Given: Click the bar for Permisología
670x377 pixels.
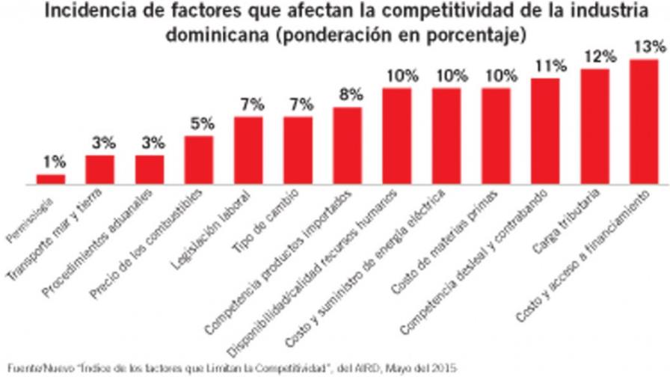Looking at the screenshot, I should tap(51, 179).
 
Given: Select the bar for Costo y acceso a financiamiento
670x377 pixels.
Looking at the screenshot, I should tap(644, 121).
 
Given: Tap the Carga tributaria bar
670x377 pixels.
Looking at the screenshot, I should tap(594, 126).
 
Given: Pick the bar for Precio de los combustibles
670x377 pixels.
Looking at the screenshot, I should tap(199, 159).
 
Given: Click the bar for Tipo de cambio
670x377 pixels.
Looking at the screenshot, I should tap(298, 150).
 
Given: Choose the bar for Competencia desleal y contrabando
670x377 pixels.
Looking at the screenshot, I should tap(545, 131).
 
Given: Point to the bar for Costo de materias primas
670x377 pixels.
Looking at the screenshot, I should tap(496, 135).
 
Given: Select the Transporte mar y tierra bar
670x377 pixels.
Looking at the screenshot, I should tap(100, 169).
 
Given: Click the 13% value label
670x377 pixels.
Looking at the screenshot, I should tap(648, 46).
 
